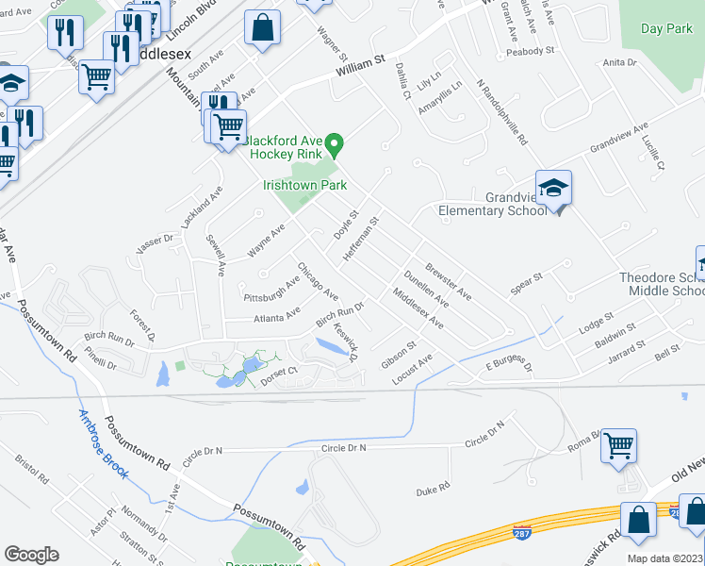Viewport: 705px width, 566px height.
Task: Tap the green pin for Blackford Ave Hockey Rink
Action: [335, 147]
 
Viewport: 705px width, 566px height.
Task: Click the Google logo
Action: [31, 555]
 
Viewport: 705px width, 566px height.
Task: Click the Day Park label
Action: [666, 29]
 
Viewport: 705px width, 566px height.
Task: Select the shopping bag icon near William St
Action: [262, 28]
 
